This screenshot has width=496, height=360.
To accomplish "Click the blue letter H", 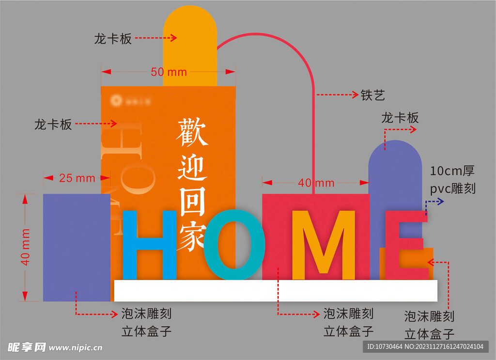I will tap(149, 245).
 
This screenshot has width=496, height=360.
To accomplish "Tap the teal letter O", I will tap(234, 245).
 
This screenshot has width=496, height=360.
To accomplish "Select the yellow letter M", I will tap(324, 245).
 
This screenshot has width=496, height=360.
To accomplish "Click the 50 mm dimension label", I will tap(169, 72).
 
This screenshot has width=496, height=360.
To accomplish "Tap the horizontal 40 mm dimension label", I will tap(316, 183).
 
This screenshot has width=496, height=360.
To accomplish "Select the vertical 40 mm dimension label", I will tap(26, 247).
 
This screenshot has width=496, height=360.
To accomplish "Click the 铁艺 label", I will tap(372, 95).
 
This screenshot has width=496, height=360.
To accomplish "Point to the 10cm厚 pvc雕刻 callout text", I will tap(452, 179).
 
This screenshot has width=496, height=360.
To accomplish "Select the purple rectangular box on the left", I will tap(76, 247).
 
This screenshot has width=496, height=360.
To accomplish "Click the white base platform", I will tap(276, 291).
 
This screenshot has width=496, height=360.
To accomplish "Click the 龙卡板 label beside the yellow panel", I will tap(113, 39).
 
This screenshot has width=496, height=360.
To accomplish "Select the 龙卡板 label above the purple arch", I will tap(400, 118).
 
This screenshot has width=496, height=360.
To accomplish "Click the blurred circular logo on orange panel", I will tap(116, 101).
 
